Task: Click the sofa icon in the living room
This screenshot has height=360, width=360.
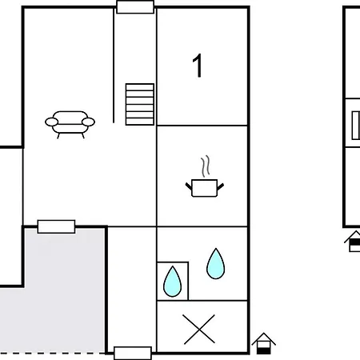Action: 70,124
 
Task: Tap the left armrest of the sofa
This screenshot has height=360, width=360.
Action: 51,122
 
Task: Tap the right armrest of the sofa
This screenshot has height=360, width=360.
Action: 88,122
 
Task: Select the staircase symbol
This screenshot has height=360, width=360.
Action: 140,104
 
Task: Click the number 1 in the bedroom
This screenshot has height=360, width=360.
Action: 198,66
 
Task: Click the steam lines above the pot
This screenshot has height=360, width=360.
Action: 206,166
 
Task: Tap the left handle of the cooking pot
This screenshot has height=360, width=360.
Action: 189,186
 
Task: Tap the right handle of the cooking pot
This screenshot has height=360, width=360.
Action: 221,186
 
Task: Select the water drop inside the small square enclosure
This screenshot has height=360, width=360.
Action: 172,282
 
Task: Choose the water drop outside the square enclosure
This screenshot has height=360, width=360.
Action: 215,264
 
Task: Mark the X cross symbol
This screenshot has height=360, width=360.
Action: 199,329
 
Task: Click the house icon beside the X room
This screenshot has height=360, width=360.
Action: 263,344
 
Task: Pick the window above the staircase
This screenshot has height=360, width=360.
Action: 135,7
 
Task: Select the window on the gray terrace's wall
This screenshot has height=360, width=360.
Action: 56,226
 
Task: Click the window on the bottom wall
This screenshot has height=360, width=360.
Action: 133,354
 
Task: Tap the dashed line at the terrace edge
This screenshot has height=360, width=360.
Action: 53,354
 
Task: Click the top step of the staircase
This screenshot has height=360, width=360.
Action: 140,87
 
